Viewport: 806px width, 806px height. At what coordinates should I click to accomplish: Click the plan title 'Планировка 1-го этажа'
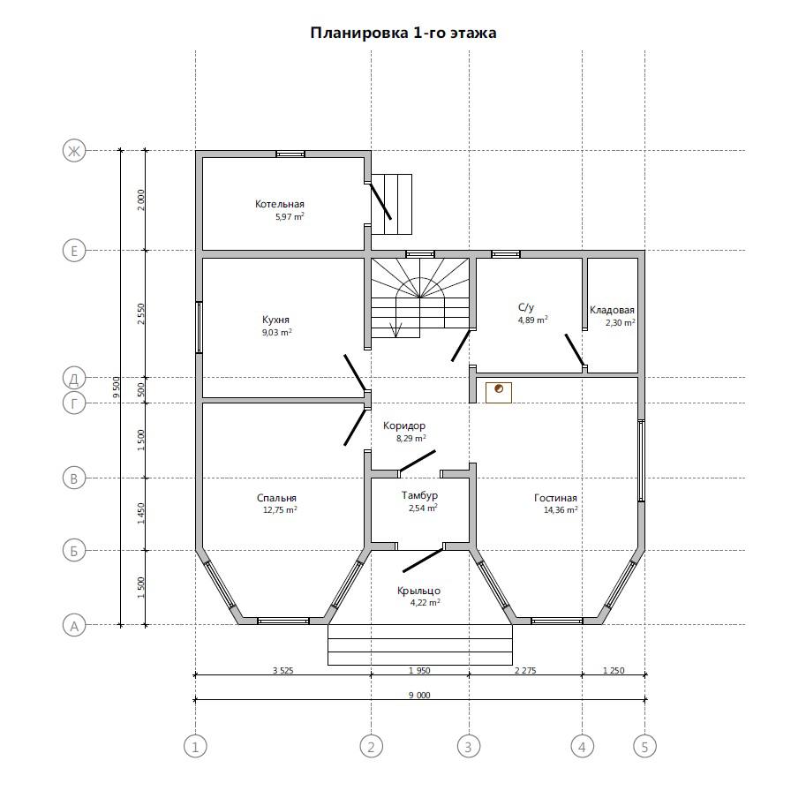(x=403, y=33)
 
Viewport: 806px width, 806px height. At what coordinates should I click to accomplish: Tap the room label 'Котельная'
(x=280, y=204)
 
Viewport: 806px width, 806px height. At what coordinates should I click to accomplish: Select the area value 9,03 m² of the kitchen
(x=277, y=332)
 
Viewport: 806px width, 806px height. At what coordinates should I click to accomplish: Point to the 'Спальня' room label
(x=276, y=498)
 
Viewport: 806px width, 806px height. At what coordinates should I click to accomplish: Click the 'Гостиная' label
(x=555, y=498)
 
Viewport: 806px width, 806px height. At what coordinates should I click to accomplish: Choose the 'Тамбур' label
(x=419, y=495)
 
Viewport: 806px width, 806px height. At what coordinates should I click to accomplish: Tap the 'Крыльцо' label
(x=418, y=591)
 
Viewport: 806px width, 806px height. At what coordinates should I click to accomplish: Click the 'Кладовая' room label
(x=612, y=310)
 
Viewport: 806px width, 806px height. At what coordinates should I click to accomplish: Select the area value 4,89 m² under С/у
(x=532, y=320)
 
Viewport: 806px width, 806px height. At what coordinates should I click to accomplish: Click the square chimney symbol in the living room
(x=499, y=393)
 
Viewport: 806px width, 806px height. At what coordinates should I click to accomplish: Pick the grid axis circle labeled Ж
(x=74, y=151)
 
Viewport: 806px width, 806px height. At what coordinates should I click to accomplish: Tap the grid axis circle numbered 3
(x=468, y=746)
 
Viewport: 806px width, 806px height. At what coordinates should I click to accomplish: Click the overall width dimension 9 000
(x=419, y=695)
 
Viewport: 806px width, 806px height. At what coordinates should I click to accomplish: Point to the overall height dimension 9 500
(x=117, y=387)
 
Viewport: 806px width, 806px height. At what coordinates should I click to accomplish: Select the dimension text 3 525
(x=282, y=670)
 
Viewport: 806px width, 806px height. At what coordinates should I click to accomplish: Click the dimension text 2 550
(x=141, y=313)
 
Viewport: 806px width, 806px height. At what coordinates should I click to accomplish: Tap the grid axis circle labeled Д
(x=74, y=379)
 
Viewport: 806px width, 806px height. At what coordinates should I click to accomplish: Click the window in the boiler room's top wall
(x=290, y=154)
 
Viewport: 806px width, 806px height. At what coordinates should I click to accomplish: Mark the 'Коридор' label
(x=404, y=426)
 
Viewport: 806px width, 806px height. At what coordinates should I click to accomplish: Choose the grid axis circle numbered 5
(x=644, y=746)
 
